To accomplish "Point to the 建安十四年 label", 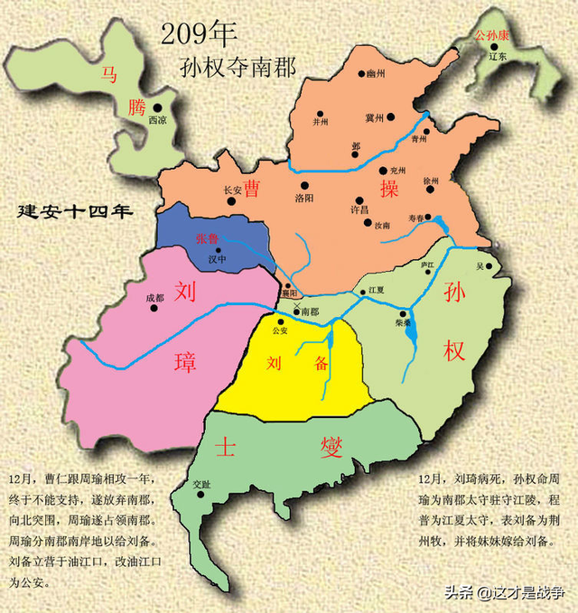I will tap(75, 212).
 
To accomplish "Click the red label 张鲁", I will tap(207, 238).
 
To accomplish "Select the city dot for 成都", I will tap(154, 309).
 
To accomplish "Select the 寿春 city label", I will tap(415, 218).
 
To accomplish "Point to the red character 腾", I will tap(136, 108).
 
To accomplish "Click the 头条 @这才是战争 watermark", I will tap(502, 592).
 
